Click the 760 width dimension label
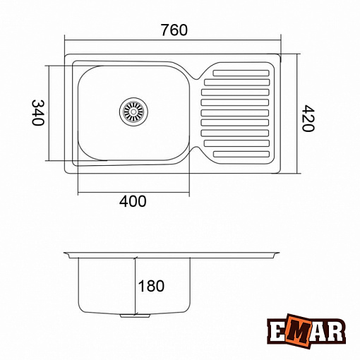(x=174, y=30)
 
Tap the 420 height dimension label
(x=308, y=119)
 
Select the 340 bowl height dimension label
(x=38, y=113)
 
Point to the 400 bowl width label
(x=133, y=201)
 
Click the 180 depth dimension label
(x=151, y=286)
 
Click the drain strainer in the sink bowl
(x=133, y=112)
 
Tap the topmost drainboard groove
(x=241, y=73)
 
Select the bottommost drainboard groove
(x=241, y=154)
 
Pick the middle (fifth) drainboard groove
(x=235, y=113)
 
